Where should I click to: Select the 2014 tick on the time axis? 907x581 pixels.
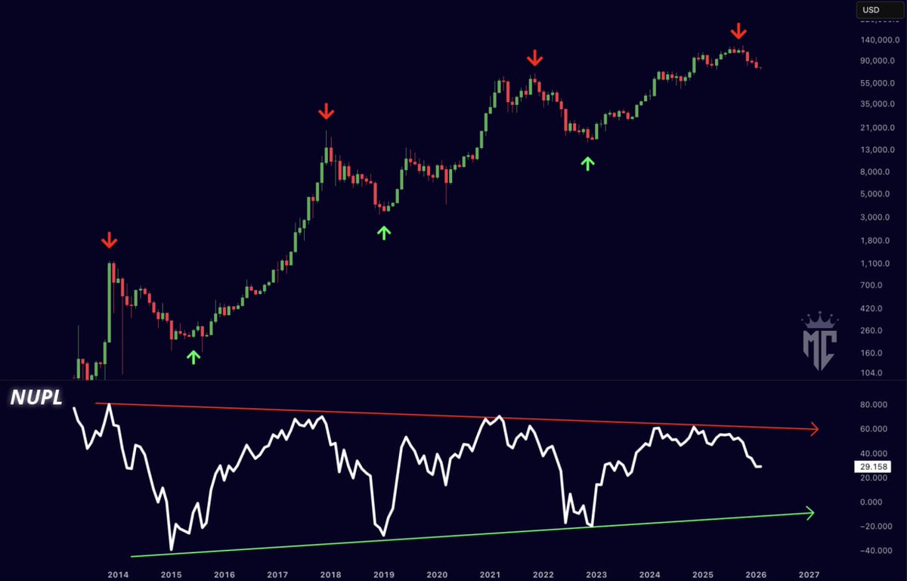pyautogui.click(x=117, y=574)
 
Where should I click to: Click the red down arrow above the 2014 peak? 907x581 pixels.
pyautogui.click(x=110, y=241)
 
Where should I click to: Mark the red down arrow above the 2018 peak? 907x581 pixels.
pyautogui.click(x=326, y=113)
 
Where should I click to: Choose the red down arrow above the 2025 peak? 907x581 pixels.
pyautogui.click(x=738, y=31)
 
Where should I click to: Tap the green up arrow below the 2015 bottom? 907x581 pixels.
pyautogui.click(x=193, y=357)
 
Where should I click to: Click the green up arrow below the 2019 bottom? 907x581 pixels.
pyautogui.click(x=384, y=232)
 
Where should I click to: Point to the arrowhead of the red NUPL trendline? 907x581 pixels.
pyautogui.click(x=814, y=429)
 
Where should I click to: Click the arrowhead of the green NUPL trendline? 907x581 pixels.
pyautogui.click(x=809, y=514)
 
